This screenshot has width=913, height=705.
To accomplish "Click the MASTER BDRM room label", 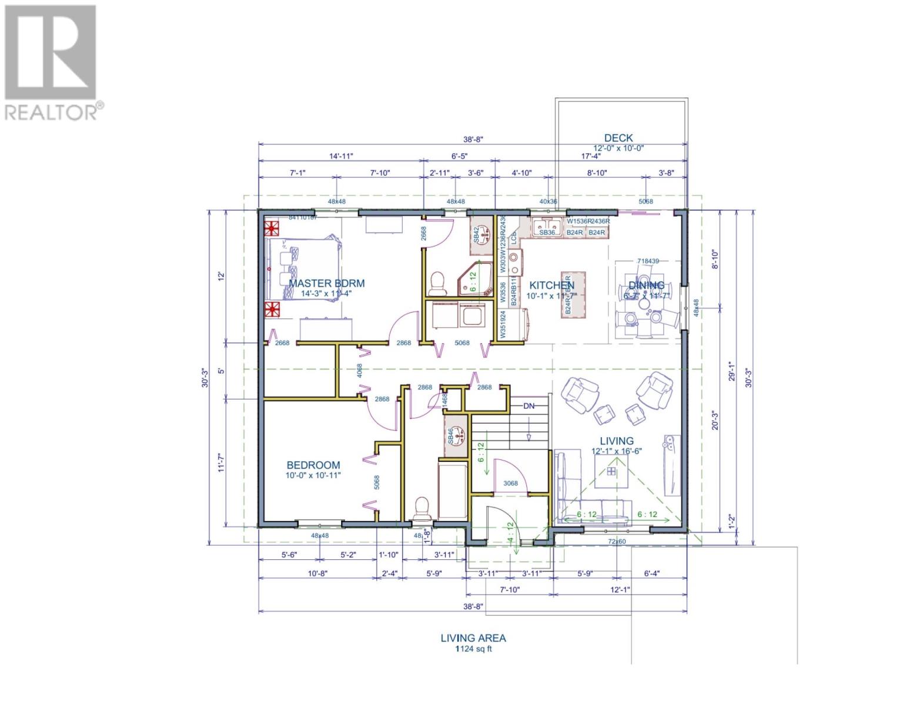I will point(326,283).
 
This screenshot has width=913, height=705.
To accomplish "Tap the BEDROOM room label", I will point(313,465).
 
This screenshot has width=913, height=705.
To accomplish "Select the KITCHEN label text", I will point(551,285).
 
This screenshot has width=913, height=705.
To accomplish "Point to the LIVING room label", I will point(616,441).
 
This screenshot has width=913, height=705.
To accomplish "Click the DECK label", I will point(618,138).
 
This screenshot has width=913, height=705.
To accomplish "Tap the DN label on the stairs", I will point(529,406).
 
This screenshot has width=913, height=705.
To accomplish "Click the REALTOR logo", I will point(52,62).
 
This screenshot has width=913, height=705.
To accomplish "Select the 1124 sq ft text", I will point(473,649).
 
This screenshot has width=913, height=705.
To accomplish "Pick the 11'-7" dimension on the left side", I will point(222,460).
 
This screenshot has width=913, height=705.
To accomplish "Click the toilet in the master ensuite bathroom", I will point(437,283).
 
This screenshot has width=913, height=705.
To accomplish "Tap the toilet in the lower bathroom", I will point(422,509).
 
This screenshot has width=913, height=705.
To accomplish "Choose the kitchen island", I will point(573,296).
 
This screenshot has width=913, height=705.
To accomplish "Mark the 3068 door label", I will point(510,484).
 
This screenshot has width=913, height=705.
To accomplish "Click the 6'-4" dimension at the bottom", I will point(651,573).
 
